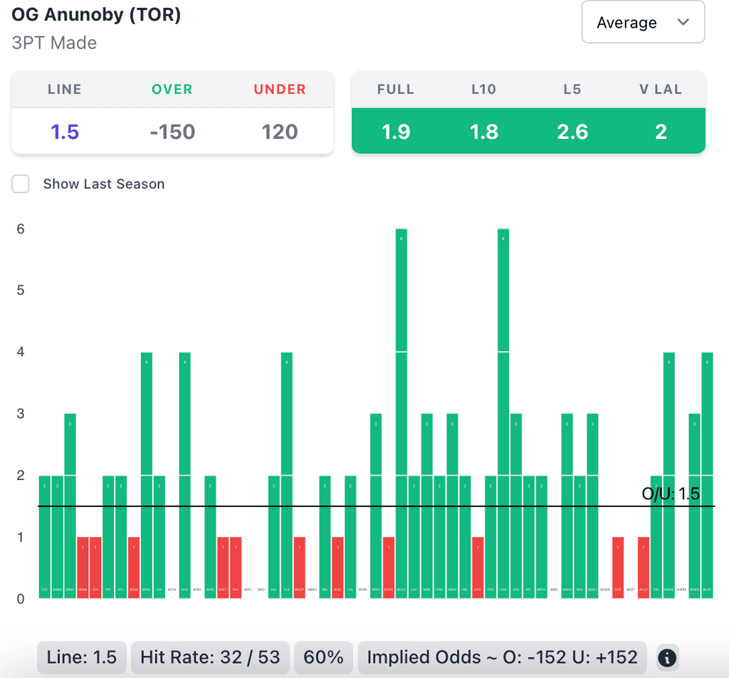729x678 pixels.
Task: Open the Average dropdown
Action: pyautogui.click(x=643, y=23)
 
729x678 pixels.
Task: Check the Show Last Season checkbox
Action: pyautogui.click(x=21, y=184)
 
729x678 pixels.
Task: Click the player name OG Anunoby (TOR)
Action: pyautogui.click(x=96, y=15)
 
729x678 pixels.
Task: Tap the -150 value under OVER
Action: pyautogui.click(x=172, y=132)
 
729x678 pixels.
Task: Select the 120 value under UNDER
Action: pyautogui.click(x=280, y=132)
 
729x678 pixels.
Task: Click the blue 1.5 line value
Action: pyautogui.click(x=65, y=132)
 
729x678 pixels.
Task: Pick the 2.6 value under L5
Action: pyautogui.click(x=572, y=132)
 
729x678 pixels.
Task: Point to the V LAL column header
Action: pyautogui.click(x=661, y=90)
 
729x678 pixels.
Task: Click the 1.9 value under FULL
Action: pyautogui.click(x=396, y=132)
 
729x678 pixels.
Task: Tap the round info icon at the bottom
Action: pyautogui.click(x=666, y=657)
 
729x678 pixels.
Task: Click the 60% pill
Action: pyautogui.click(x=324, y=657)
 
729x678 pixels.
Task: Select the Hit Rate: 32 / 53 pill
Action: pyautogui.click(x=210, y=657)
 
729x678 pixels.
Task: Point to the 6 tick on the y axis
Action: pyautogui.click(x=21, y=229)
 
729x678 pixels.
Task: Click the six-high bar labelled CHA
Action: pyautogui.click(x=503, y=413)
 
